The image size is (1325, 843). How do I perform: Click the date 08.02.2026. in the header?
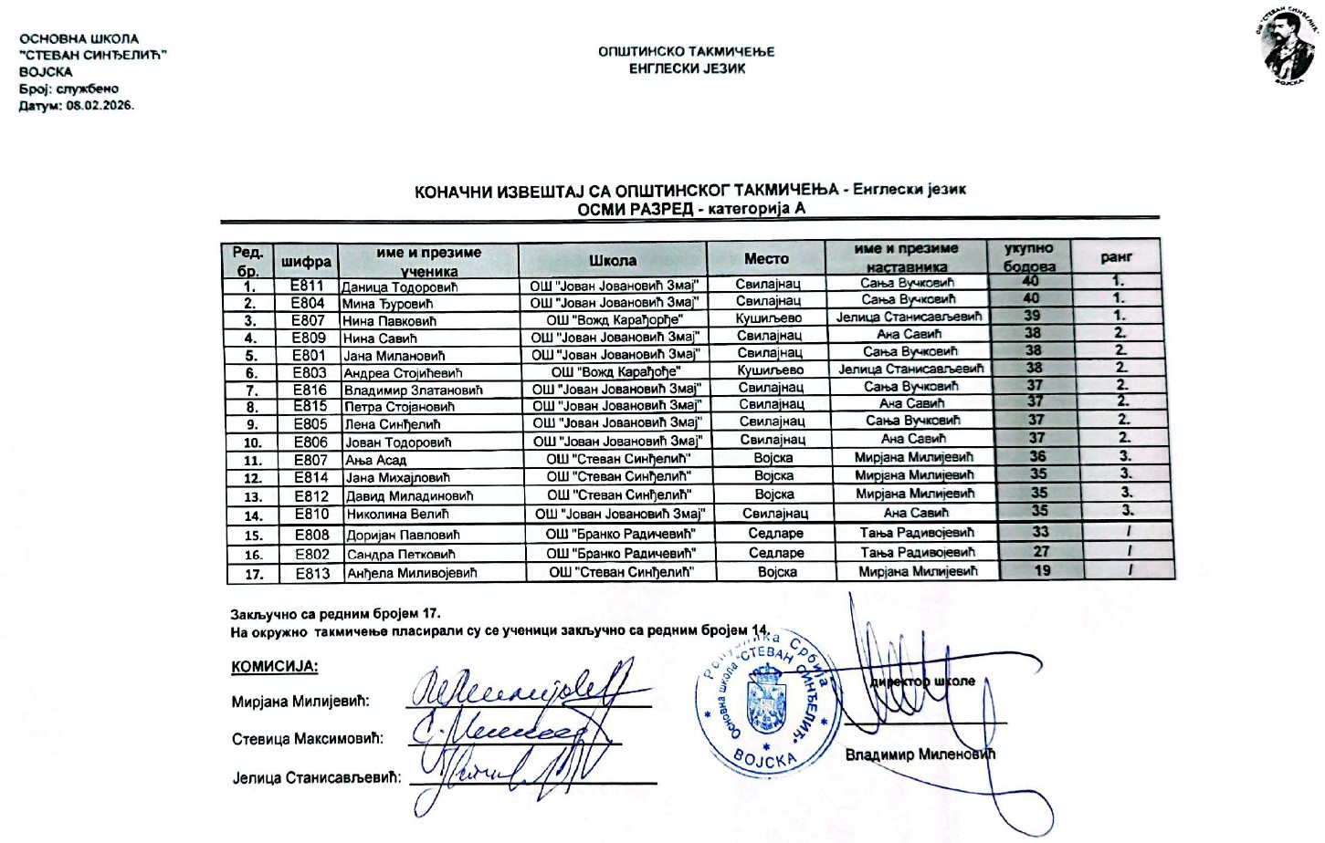(100, 105)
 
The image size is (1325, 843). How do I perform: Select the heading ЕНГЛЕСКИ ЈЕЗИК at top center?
(687, 68)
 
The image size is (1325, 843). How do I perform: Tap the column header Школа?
(612, 261)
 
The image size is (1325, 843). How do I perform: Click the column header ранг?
(1116, 257)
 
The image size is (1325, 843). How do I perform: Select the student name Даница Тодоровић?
(399, 287)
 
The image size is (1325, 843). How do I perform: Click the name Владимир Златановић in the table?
(413, 390)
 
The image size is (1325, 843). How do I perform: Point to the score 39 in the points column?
(1032, 316)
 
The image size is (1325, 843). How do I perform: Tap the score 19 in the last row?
(1042, 571)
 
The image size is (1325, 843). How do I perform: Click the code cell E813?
(312, 573)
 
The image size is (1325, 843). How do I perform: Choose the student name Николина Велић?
(397, 515)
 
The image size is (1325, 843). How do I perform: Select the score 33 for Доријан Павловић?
(1040, 532)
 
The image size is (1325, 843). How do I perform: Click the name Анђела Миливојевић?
(412, 573)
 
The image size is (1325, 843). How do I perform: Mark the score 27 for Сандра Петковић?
(1041, 551)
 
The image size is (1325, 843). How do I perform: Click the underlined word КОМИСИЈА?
(275, 666)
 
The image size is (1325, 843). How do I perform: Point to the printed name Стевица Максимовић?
(307, 739)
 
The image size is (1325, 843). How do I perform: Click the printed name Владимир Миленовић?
(920, 755)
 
